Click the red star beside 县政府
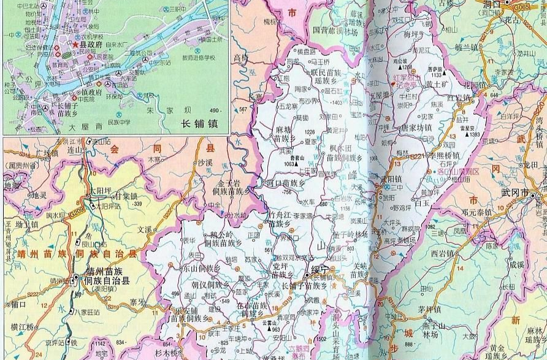(x=75, y=45)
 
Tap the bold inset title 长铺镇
(x=200, y=123)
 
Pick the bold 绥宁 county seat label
(x=320, y=269)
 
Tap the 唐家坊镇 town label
(x=416, y=128)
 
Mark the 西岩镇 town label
(x=443, y=253)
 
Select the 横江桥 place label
(x=21, y=327)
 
